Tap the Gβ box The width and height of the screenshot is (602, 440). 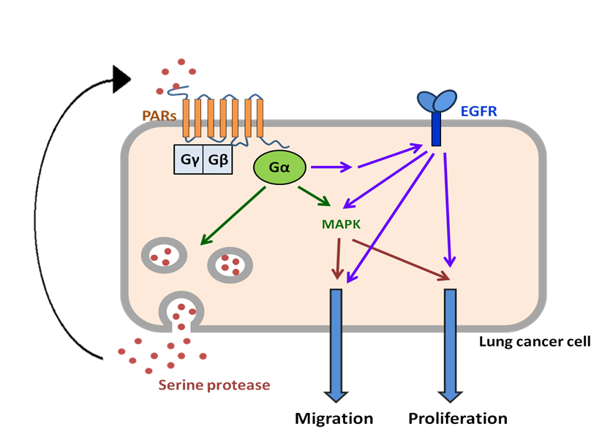tap(217, 159)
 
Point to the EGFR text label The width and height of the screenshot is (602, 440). tap(478, 111)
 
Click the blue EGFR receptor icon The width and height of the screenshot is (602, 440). tap(436, 117)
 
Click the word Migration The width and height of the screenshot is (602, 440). tap(334, 419)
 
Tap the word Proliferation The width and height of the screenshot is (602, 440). tap(457, 419)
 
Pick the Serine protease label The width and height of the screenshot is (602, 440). tap(214, 384)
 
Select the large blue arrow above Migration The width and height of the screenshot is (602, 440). tap(336, 344)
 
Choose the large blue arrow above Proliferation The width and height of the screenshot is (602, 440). tap(450, 344)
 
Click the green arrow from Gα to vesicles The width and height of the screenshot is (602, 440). tap(233, 215)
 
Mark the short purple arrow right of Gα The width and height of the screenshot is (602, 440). tap(334, 168)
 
